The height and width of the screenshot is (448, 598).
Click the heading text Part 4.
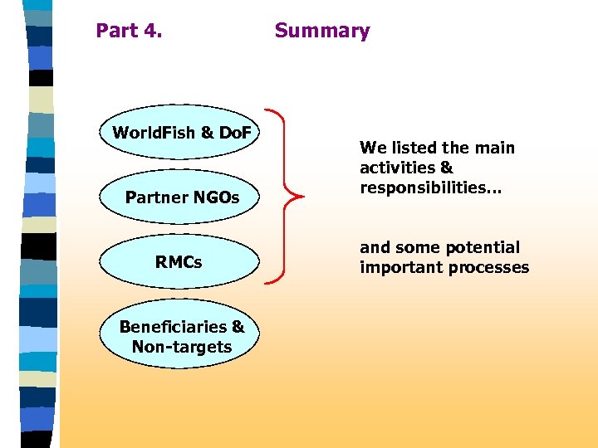click(129, 32)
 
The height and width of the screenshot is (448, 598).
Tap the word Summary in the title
click(322, 32)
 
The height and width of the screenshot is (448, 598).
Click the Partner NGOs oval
click(182, 197)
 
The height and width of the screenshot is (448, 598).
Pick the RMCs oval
click(179, 262)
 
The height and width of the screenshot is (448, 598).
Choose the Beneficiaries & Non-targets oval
click(182, 336)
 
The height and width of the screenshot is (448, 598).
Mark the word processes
click(498, 267)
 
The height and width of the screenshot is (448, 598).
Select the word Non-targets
click(182, 347)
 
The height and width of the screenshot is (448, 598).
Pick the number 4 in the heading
click(150, 32)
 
